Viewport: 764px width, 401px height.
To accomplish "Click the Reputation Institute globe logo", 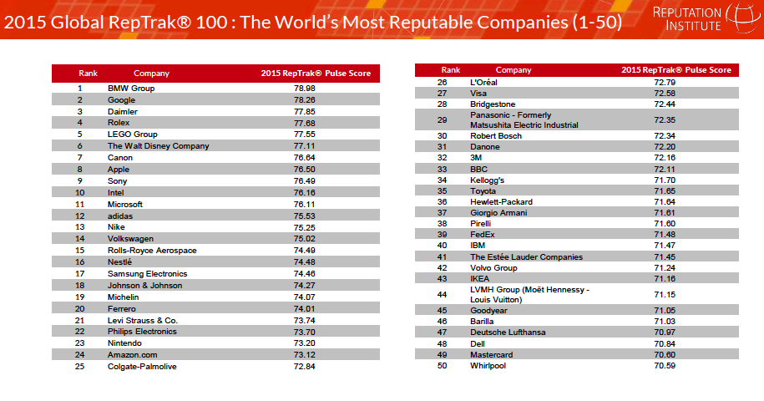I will tap(739, 18).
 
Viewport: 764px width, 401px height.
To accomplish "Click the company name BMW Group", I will tap(131, 88).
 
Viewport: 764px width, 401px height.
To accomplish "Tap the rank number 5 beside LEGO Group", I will tap(80, 135).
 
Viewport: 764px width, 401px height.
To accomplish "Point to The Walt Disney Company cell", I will tap(158, 146).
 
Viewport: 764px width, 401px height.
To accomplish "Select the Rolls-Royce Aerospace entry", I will tap(152, 251).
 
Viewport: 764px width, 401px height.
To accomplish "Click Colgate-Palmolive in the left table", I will tap(142, 367).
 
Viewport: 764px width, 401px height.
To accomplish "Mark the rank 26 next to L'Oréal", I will tap(443, 82).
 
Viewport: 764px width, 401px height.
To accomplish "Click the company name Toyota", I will tap(484, 191).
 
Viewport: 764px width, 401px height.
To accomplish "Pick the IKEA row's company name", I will tap(480, 278).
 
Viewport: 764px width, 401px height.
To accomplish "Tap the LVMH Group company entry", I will tap(529, 294).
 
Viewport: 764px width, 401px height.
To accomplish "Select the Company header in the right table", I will tap(514, 70).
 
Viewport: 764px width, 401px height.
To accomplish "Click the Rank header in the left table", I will tap(89, 74).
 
